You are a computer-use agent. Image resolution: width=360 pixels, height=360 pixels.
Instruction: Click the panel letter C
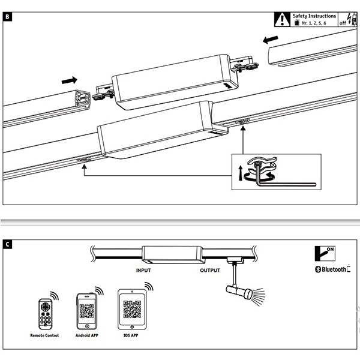click(x=7, y=244)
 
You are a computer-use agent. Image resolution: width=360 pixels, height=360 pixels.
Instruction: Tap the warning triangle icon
click(x=281, y=19)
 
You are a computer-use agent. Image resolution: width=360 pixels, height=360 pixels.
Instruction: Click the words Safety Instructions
click(x=314, y=15)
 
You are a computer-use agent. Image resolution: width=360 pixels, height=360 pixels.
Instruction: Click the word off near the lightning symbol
click(x=343, y=23)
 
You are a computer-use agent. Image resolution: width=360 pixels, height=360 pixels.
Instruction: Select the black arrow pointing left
click(x=271, y=40)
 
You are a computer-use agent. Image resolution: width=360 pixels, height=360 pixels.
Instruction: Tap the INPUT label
click(x=143, y=270)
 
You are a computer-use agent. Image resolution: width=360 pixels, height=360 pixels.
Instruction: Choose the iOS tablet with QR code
click(x=131, y=308)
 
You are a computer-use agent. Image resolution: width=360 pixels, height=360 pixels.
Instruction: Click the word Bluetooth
click(x=334, y=269)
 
